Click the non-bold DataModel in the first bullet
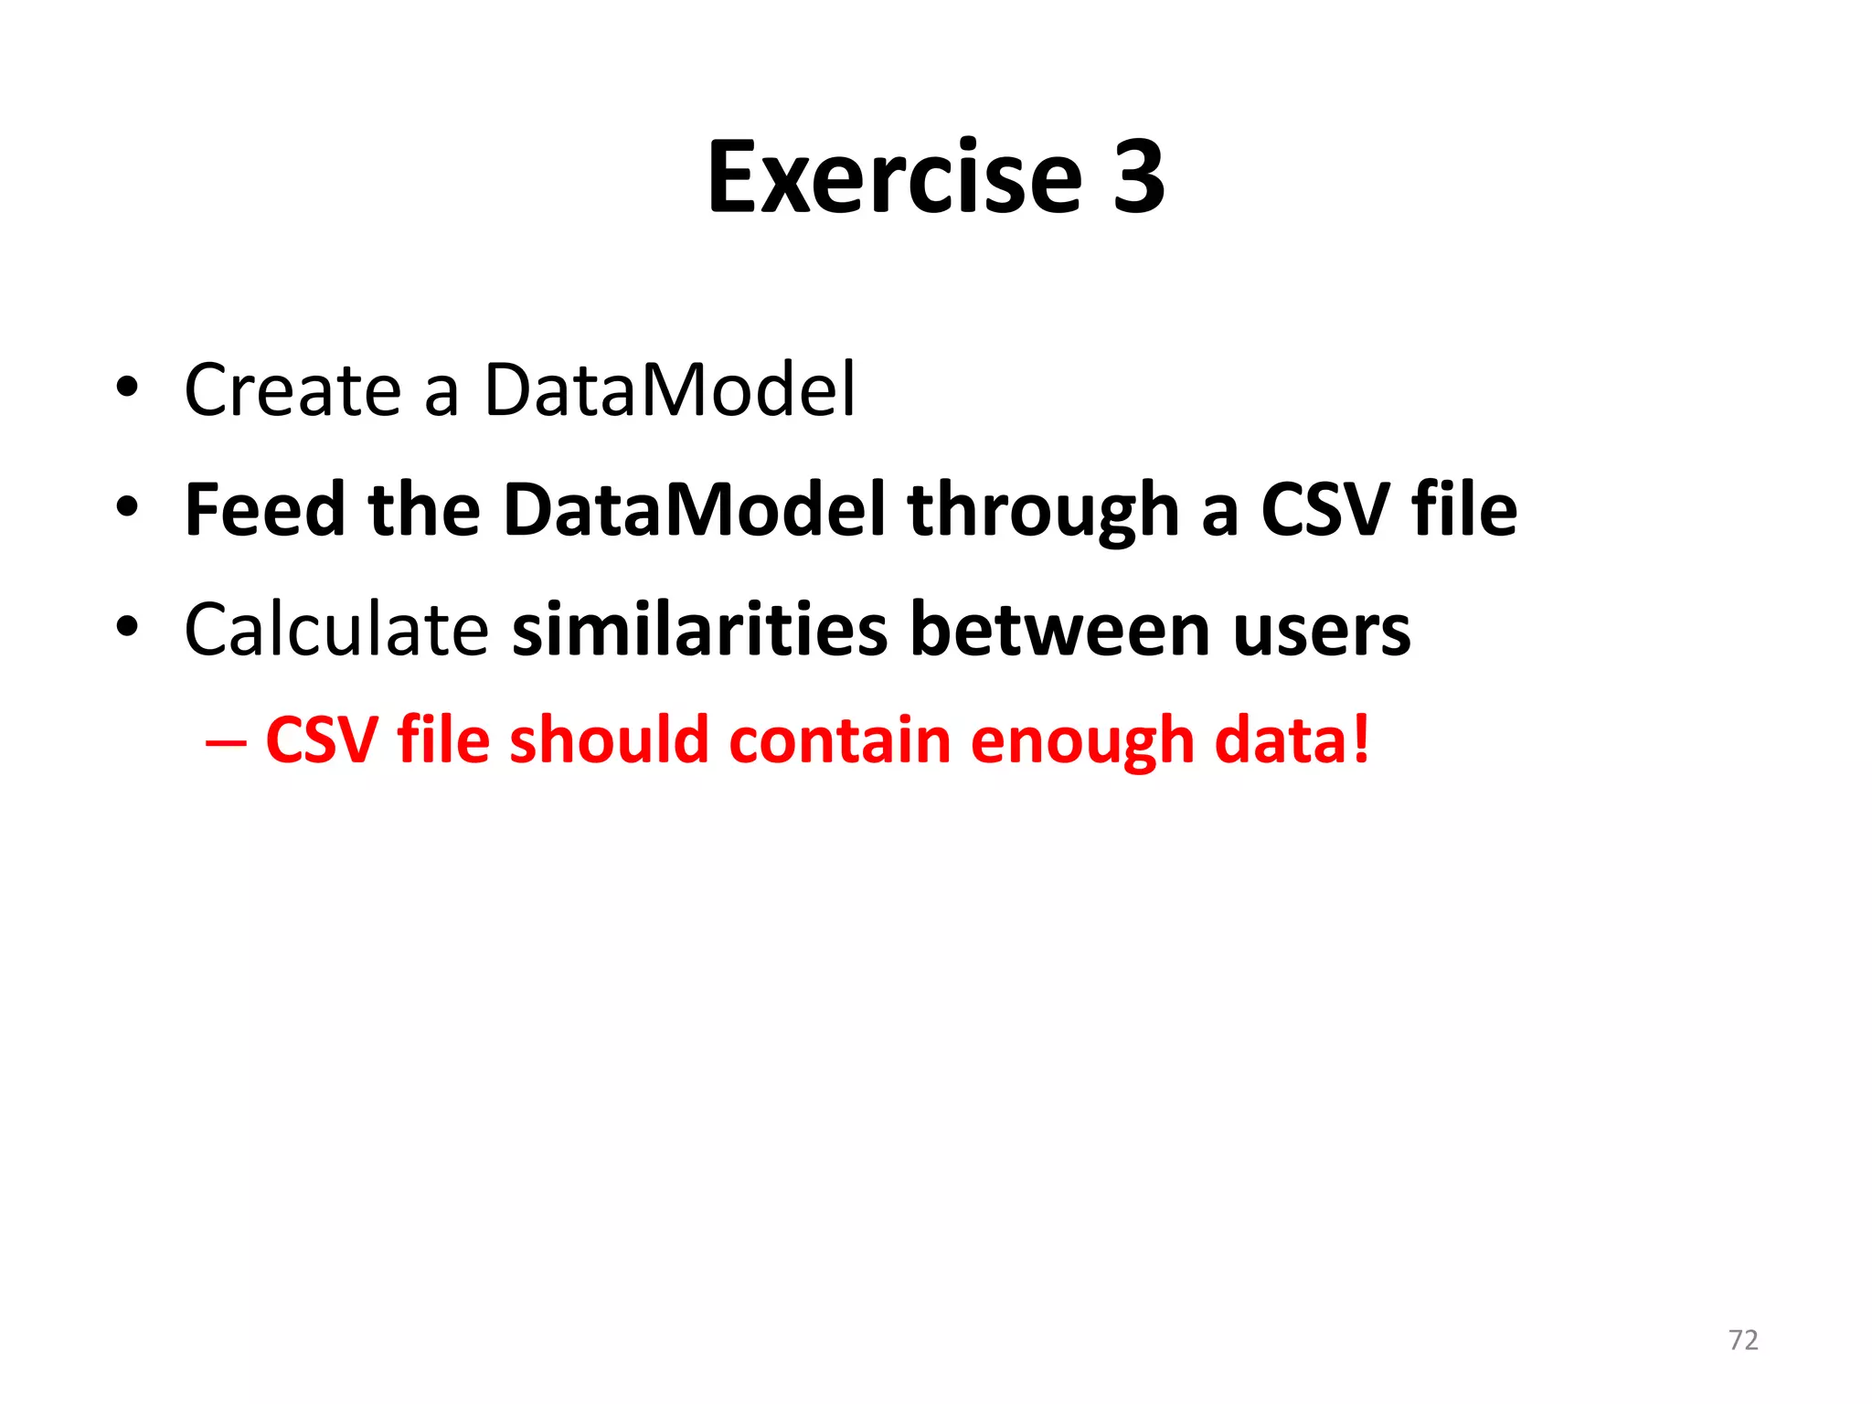point(669,390)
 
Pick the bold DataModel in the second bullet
point(694,509)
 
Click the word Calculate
point(336,630)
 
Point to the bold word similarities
point(699,630)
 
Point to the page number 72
point(1743,1340)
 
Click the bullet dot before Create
point(127,388)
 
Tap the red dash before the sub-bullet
point(225,741)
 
